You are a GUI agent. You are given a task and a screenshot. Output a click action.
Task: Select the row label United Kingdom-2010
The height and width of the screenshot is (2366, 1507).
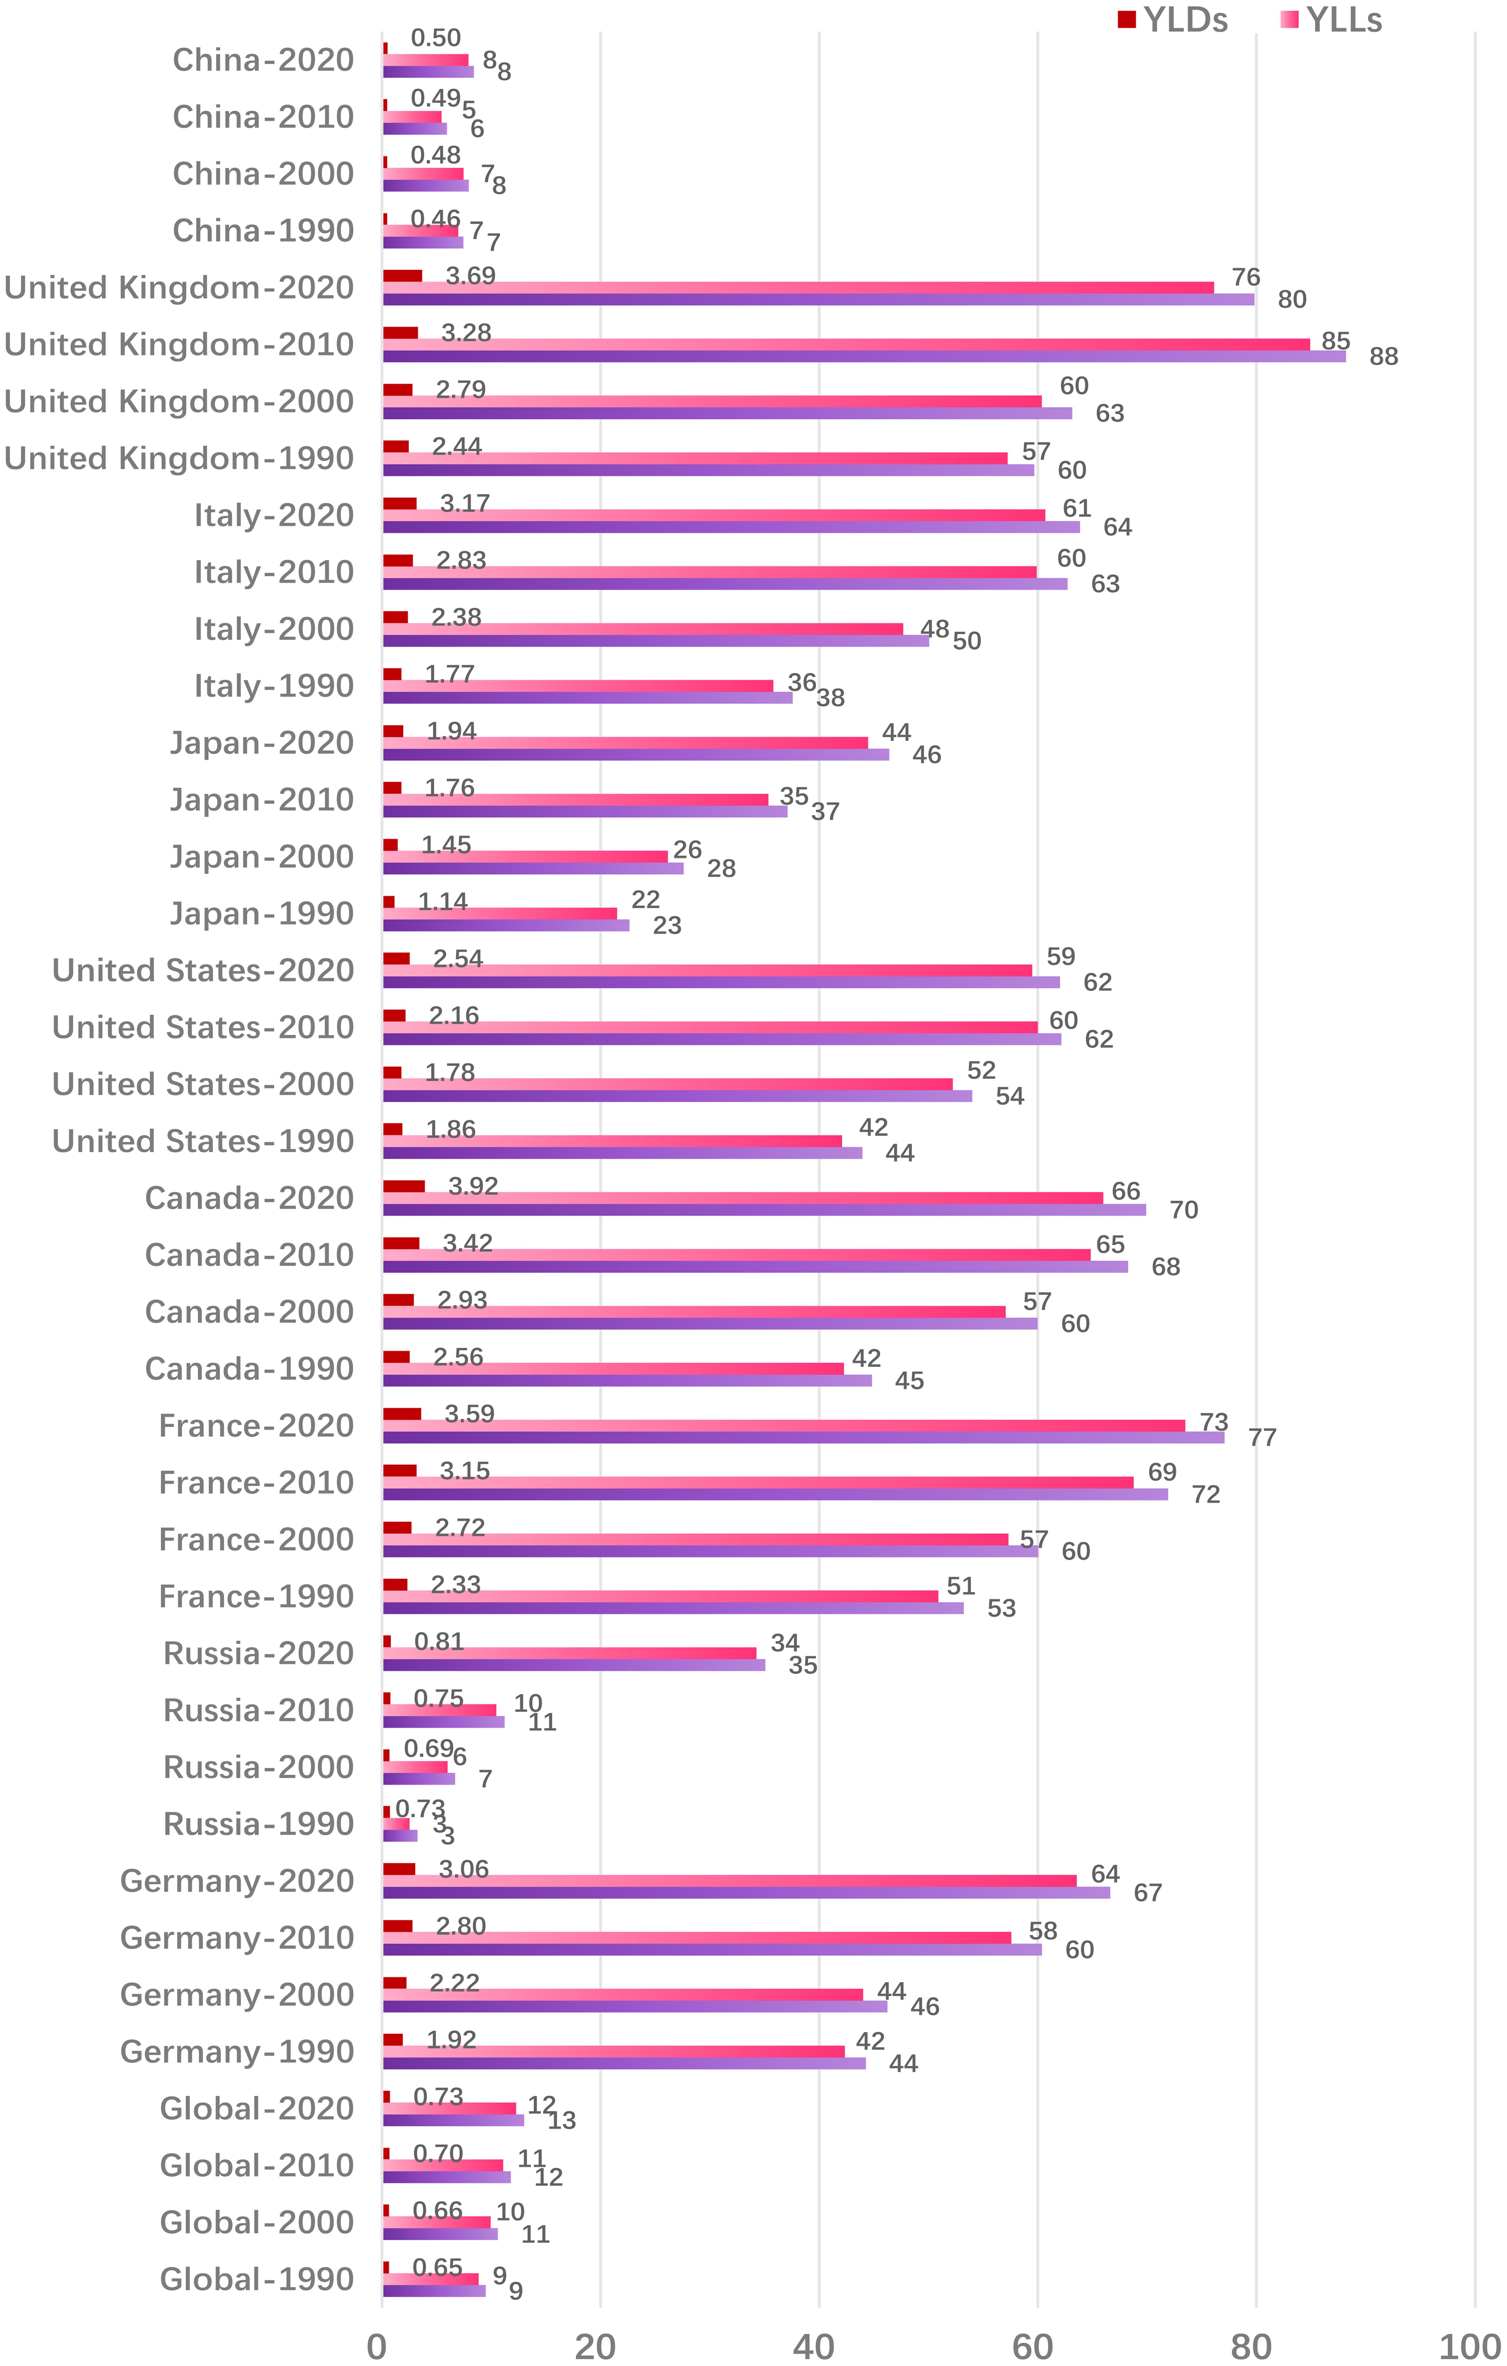click(179, 345)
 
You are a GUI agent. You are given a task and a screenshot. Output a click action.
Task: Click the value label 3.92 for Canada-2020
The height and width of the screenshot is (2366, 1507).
click(473, 1186)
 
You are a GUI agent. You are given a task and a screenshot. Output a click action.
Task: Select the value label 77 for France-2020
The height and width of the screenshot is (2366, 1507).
click(1262, 1437)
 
